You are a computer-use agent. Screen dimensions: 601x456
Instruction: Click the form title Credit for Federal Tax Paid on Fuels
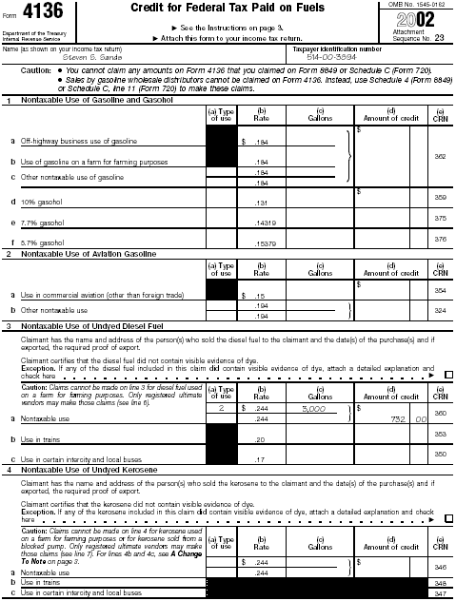click(229, 10)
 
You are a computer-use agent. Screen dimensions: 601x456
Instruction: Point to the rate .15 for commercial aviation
click(258, 296)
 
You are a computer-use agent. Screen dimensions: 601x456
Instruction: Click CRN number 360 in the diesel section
click(440, 414)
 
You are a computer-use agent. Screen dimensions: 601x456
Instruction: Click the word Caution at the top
click(35, 70)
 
